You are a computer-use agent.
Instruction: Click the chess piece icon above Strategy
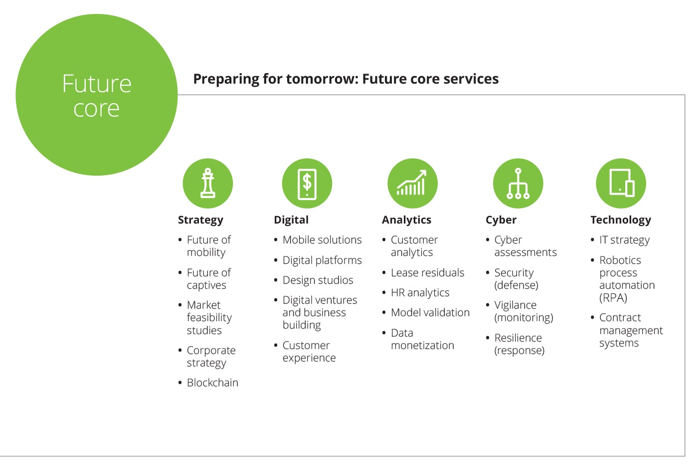pyautogui.click(x=208, y=183)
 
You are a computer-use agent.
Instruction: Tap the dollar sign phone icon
pyautogui.click(x=307, y=183)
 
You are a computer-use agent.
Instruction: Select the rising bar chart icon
pyautogui.click(x=413, y=183)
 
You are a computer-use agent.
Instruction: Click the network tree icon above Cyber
pyautogui.click(x=518, y=183)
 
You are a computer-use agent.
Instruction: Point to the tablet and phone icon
pyautogui.click(x=621, y=183)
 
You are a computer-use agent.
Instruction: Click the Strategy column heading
pyautogui.click(x=200, y=220)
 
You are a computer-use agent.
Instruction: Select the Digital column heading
pyautogui.click(x=291, y=220)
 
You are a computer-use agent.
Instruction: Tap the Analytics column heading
pyautogui.click(x=407, y=220)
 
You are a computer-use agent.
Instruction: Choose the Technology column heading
pyautogui.click(x=621, y=220)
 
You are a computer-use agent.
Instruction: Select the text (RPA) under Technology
pyautogui.click(x=613, y=298)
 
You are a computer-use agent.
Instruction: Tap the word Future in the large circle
pyautogui.click(x=97, y=84)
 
